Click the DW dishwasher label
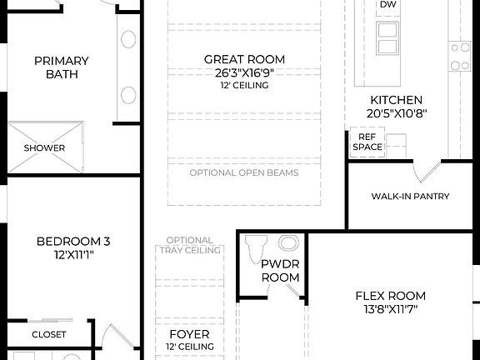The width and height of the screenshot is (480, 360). [387, 5]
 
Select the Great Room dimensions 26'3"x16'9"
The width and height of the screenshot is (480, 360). [244, 72]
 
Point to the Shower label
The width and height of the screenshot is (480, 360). [44, 148]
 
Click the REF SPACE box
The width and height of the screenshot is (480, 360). [367, 142]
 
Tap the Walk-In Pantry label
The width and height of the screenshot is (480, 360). [410, 197]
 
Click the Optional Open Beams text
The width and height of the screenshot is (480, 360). [244, 173]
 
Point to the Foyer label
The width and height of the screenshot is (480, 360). [189, 334]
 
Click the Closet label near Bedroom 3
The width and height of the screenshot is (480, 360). [49, 334]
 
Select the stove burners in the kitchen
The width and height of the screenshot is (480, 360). [461, 57]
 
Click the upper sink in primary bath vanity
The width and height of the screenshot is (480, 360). [128, 39]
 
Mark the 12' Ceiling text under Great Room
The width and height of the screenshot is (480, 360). [244, 85]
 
